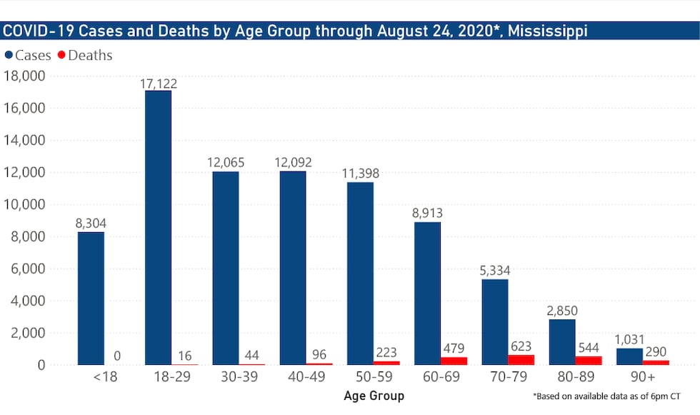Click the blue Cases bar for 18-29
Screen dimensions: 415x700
point(158,228)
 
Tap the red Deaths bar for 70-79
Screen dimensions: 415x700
point(521,360)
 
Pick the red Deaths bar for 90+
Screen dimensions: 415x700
point(655,362)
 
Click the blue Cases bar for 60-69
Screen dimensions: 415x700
point(427,294)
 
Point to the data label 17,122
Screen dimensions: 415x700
point(158,84)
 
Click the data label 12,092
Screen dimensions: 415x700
point(292,163)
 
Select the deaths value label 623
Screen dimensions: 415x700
point(521,346)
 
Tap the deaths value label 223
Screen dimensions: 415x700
point(386,352)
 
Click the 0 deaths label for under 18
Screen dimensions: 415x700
point(118,356)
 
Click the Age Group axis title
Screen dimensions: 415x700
point(374,395)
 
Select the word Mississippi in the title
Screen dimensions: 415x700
point(548,31)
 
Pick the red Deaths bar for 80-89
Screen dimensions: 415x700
point(588,361)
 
